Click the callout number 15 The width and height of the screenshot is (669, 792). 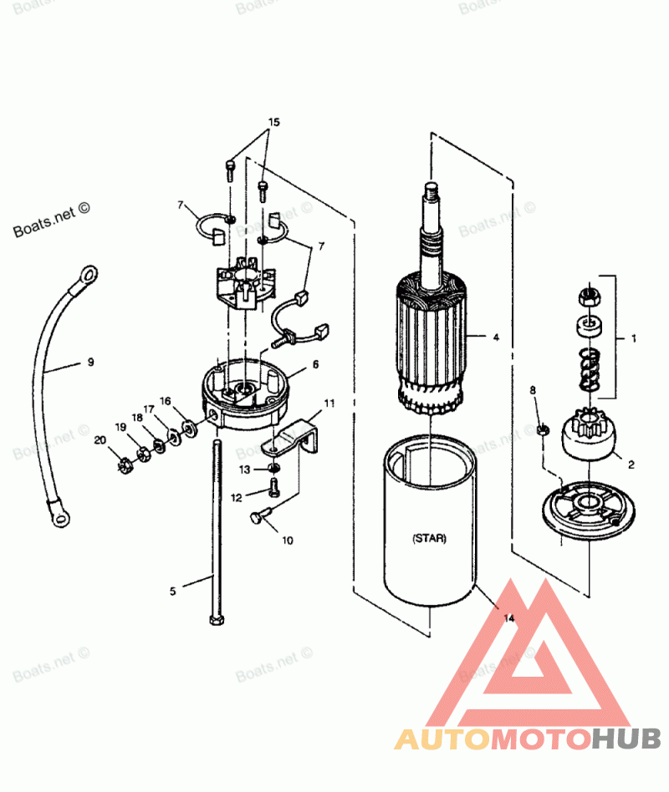coord(273,122)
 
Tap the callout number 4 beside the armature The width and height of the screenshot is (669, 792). coord(496,338)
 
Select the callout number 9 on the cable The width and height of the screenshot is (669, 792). coord(90,363)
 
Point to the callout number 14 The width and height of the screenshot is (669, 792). coord(509,619)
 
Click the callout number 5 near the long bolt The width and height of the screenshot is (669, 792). coord(173,591)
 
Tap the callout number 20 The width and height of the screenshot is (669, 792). coord(100,440)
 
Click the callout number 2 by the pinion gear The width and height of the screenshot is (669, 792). coord(631,464)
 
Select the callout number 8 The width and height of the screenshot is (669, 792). coord(533,390)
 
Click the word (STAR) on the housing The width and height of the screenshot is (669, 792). coord(429,539)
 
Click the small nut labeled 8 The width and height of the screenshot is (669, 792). coord(541,429)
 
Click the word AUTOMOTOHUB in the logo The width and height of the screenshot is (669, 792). coord(528,739)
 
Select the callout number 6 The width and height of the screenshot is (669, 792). coord(315,364)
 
